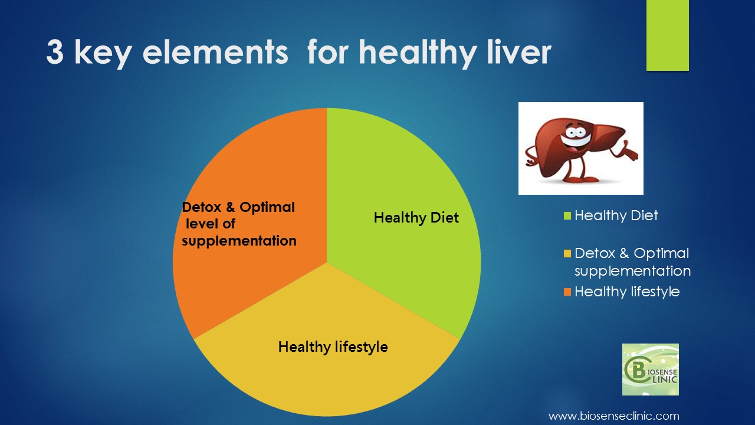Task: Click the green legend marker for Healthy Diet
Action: click(567, 215)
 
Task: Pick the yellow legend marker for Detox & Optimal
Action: click(567, 253)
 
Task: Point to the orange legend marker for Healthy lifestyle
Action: click(567, 292)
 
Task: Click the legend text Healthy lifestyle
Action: click(627, 292)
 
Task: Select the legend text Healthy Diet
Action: click(616, 216)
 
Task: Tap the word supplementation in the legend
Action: click(633, 271)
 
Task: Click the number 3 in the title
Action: click(55, 52)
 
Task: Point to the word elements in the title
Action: click(215, 53)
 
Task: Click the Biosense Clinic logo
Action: click(651, 370)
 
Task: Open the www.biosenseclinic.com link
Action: click(614, 416)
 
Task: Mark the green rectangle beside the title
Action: click(667, 35)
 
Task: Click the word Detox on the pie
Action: click(201, 207)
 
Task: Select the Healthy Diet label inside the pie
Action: click(416, 218)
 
